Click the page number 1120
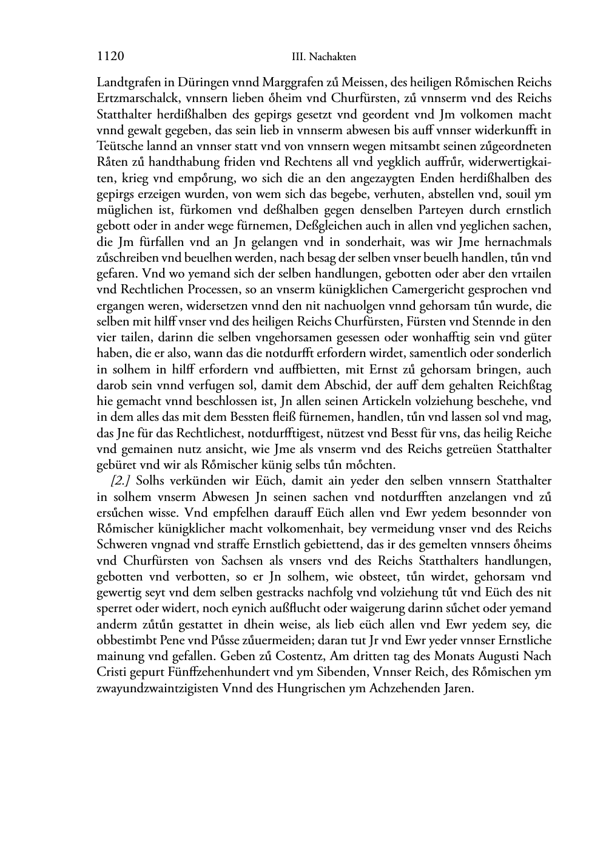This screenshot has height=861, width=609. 110,56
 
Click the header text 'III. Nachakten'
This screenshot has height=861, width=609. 323,57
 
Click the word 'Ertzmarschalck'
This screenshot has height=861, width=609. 137,98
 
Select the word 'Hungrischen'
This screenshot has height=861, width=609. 303,689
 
